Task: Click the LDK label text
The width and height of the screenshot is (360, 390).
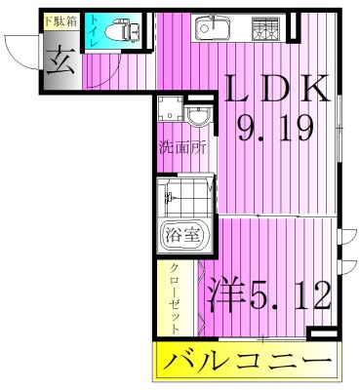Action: tap(275, 91)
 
